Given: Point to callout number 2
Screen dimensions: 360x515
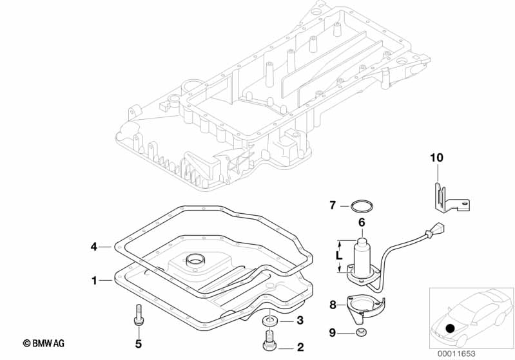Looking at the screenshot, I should tap(300, 347).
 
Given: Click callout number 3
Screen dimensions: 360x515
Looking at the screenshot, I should tap(300, 321).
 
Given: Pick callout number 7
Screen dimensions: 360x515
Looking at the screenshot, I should tap(333, 205).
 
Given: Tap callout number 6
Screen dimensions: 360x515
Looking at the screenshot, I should tap(362, 222).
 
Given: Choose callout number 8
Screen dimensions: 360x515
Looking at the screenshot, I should tap(333, 305).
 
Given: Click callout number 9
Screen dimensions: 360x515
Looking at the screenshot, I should tap(333, 332).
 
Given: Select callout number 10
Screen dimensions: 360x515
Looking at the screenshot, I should tap(437, 157).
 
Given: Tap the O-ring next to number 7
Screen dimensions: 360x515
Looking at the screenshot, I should tap(362, 206).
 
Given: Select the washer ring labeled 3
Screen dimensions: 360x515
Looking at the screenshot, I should tap(269, 320).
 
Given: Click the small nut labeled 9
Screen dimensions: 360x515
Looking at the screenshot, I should tap(362, 332).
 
